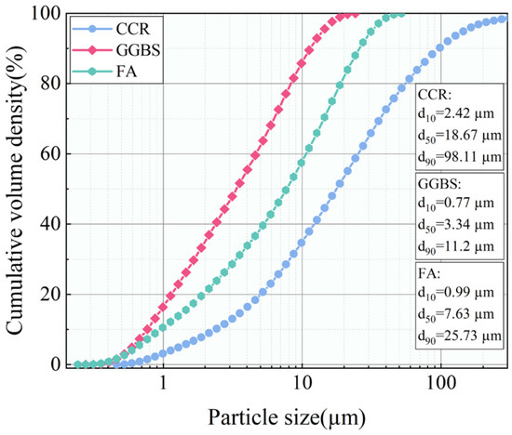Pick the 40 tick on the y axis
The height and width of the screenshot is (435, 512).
click(x=52, y=224)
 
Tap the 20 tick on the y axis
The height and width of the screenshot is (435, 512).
click(x=52, y=295)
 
